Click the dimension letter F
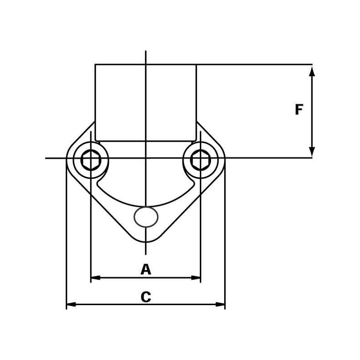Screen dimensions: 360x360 (299, 109)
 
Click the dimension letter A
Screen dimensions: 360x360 (146, 269)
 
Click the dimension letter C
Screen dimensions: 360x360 (146, 297)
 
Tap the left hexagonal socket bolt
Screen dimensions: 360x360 (91, 160)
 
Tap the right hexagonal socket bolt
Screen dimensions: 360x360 (201, 160)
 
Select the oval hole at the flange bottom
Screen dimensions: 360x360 (146, 217)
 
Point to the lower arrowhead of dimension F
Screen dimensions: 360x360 (311, 152)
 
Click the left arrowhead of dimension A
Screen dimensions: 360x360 (96, 278)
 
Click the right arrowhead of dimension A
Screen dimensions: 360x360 (196, 278)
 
